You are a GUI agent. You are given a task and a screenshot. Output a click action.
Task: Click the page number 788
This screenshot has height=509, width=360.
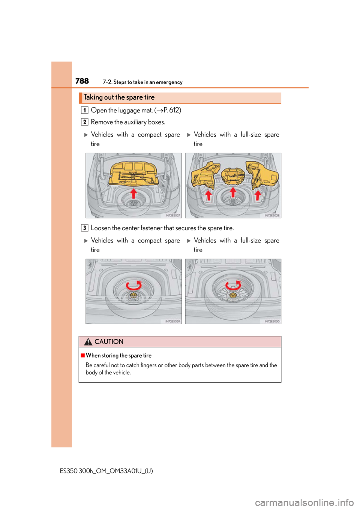[82, 81]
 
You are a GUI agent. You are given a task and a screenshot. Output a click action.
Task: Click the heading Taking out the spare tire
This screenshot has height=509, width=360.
[119, 97]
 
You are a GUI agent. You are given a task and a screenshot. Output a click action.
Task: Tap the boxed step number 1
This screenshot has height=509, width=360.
[84, 110]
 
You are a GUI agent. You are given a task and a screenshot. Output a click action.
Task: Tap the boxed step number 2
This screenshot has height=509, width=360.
[84, 122]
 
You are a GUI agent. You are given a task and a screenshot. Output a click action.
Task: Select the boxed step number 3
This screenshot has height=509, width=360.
[84, 228]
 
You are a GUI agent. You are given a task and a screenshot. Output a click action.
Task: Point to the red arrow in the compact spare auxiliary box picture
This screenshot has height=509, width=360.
[133, 193]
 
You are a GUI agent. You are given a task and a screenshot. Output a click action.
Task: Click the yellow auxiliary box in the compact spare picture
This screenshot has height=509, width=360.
[133, 173]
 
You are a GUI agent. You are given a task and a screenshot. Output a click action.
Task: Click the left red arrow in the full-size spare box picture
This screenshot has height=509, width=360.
[208, 195]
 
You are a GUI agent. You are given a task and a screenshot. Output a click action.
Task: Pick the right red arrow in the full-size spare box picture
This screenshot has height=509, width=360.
[258, 195]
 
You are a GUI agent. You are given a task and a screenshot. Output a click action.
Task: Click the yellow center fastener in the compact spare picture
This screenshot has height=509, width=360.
[133, 295]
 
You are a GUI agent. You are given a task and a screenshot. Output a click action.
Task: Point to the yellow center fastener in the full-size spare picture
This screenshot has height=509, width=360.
[233, 295]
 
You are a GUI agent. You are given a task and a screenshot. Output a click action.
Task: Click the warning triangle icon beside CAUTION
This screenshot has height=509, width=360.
[88, 341]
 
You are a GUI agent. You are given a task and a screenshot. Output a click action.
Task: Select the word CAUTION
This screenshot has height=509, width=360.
[109, 342]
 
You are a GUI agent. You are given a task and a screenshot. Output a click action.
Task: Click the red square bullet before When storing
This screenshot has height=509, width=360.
[82, 355]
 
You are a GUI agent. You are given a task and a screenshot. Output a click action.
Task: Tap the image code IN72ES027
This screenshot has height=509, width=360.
[173, 215]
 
